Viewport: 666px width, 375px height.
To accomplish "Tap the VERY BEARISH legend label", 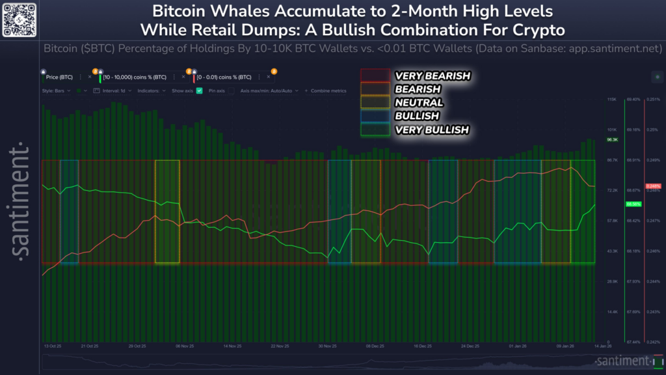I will click(432, 76).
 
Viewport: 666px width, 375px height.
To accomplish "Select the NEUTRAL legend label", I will click(418, 102).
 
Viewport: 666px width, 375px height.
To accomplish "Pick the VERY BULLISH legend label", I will click(431, 130).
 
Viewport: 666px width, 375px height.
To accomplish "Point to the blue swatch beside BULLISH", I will click(375, 116).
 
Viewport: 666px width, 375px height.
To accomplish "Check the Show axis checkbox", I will click(200, 91).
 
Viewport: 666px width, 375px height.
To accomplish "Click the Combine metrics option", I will click(328, 91).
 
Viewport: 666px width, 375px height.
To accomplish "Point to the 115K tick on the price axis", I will click(611, 100).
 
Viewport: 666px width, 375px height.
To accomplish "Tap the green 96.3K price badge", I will click(611, 139).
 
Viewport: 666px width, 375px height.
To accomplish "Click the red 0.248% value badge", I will click(653, 186).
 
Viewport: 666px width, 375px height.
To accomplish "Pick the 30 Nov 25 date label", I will click(327, 346).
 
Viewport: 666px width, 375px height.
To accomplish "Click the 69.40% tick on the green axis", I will click(632, 100).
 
